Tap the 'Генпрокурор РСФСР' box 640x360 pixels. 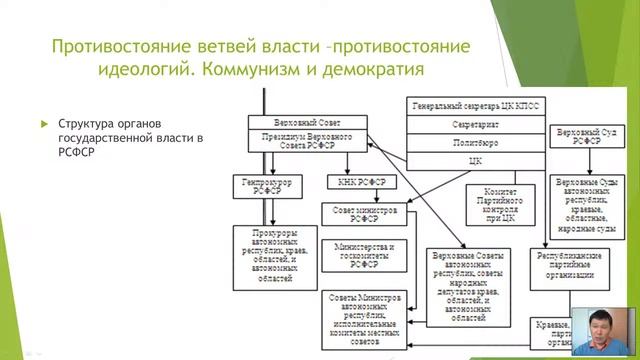click(x=264, y=186)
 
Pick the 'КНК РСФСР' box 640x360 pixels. click(x=361, y=182)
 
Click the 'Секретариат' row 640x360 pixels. click(x=474, y=124)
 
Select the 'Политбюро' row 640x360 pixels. click(x=474, y=142)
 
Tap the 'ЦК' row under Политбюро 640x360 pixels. click(x=474, y=160)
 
